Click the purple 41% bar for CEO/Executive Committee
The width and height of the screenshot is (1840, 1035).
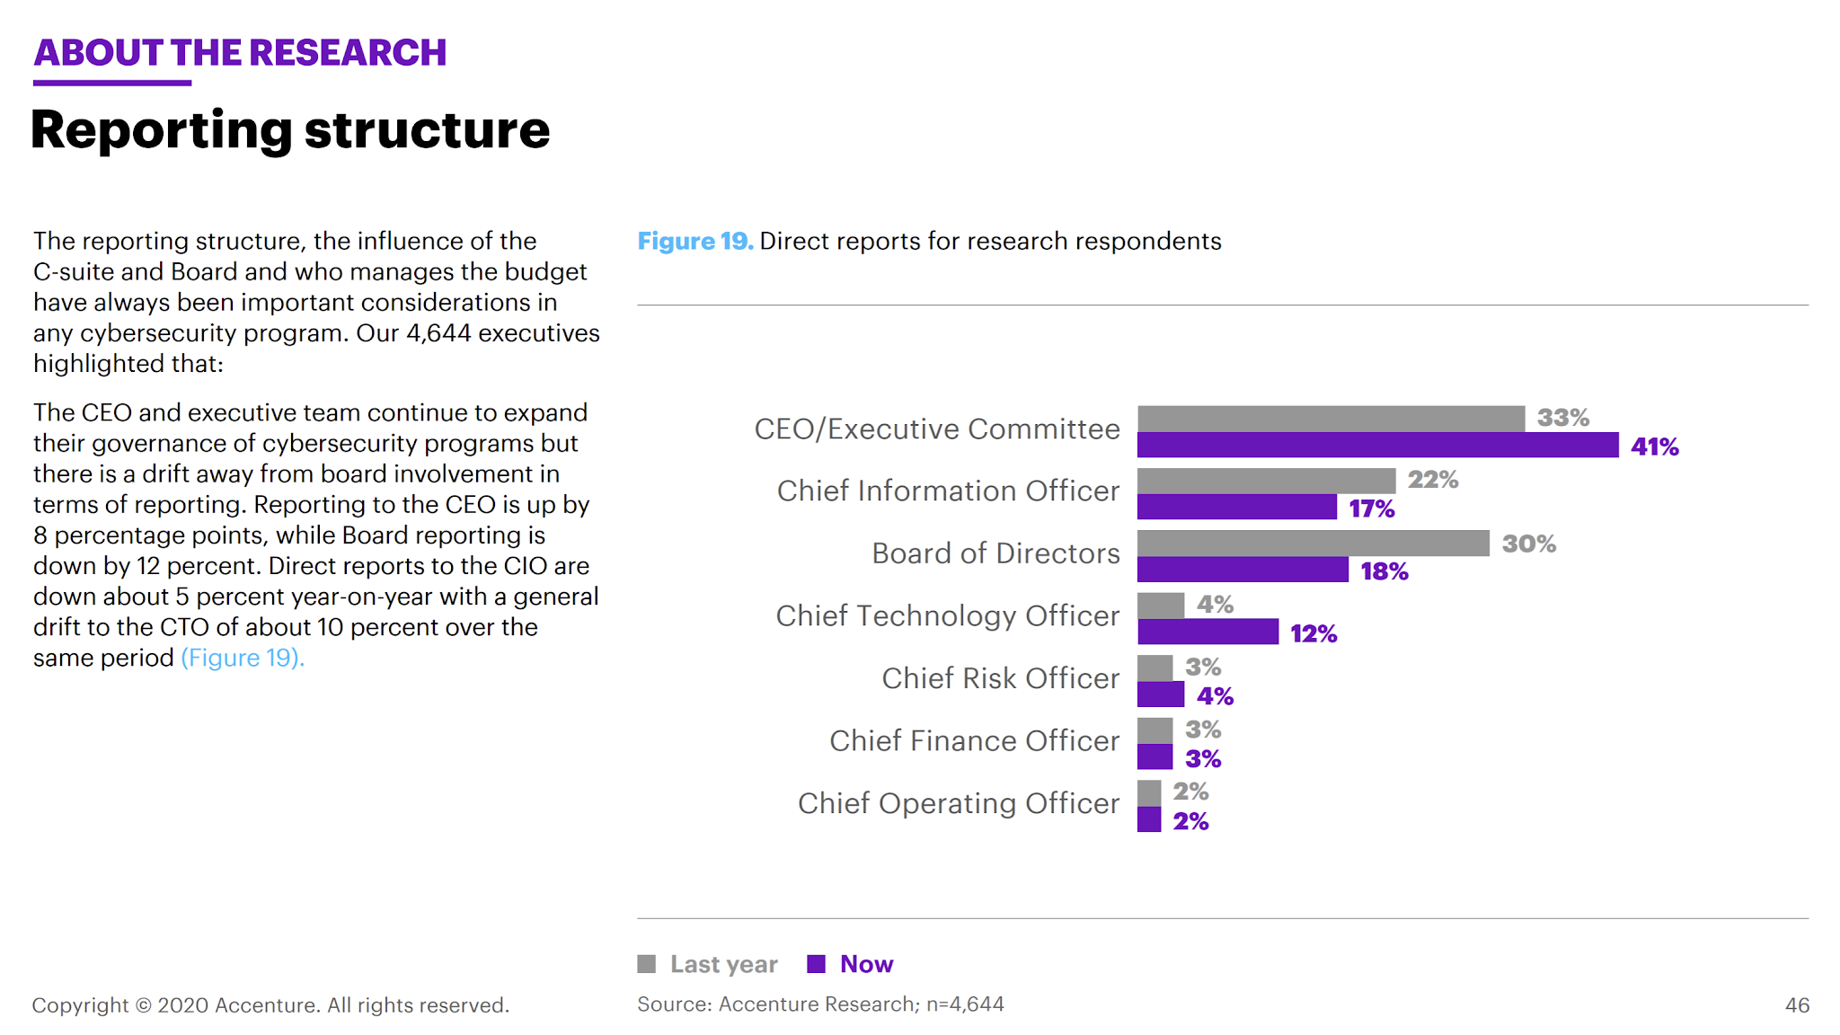point(1377,446)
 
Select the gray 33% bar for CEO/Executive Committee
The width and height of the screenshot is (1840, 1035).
point(1331,419)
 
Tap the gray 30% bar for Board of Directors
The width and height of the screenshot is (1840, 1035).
point(1313,544)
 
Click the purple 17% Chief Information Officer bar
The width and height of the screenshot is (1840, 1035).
point(1236,508)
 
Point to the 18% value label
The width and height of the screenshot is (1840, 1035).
point(1384,571)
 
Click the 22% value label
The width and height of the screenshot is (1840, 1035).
point(1432,480)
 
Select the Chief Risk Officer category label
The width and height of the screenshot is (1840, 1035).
point(1000,678)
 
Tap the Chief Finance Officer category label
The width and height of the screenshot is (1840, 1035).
point(974,740)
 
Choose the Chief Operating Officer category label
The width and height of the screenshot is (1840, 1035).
point(958,803)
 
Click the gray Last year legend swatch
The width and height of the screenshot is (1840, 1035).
point(646,964)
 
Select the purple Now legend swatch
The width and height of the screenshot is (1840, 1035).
point(816,964)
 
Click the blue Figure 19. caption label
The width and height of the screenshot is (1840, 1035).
point(694,242)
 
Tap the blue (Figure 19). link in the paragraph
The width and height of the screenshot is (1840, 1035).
point(243,658)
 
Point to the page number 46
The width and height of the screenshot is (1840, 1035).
point(1797,1005)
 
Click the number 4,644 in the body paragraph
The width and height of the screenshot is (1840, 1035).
point(438,333)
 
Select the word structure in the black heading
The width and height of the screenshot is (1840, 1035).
point(427,130)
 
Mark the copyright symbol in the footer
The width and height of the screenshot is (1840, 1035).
point(143,1005)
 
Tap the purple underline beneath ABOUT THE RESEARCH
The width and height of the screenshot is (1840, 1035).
point(112,84)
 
